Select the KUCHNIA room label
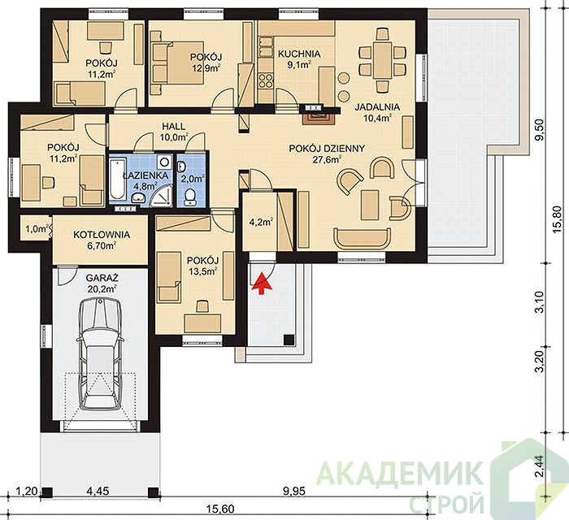point(299,54)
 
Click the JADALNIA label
point(377,107)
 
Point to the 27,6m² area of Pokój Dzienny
point(327,159)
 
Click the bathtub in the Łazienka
point(117,179)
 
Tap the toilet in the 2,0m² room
point(190,197)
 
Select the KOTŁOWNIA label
point(102,235)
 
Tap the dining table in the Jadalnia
point(382,60)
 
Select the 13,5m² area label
point(203,271)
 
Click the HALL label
point(173,127)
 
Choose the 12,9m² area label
point(206,67)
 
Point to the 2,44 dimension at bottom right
point(541,464)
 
